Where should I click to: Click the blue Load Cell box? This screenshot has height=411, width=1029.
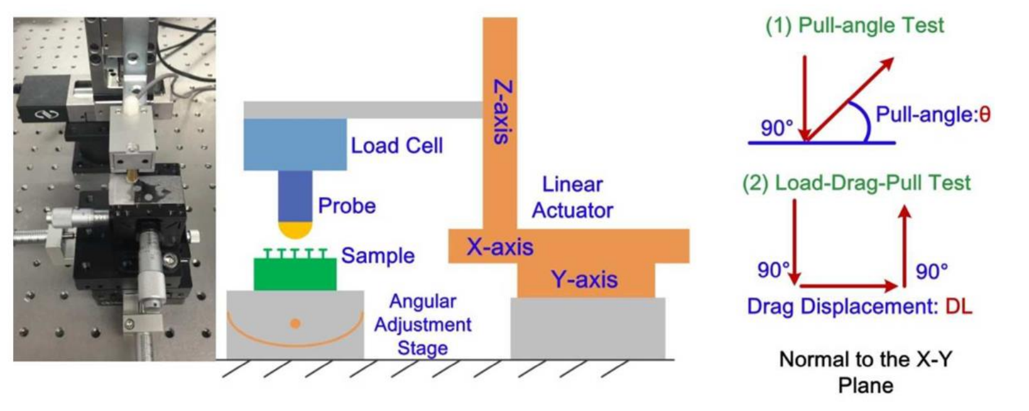tap(295, 144)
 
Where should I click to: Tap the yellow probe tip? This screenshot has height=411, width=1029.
tap(295, 230)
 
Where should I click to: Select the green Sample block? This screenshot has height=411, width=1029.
tap(295, 274)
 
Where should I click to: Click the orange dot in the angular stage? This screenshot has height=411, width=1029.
tap(296, 323)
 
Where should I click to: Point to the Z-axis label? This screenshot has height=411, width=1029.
tap(502, 112)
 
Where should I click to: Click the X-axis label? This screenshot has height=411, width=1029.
tap(499, 247)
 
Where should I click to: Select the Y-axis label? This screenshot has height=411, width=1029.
tap(584, 280)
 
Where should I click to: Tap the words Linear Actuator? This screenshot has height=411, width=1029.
tap(572, 198)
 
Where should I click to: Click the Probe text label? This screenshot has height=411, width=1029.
tap(347, 206)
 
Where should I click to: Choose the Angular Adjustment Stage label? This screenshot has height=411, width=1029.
tap(423, 324)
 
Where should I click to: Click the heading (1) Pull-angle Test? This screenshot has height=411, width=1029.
tap(855, 25)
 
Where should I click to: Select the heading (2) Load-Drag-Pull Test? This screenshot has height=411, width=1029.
tap(856, 183)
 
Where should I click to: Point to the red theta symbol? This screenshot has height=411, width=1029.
tap(984, 114)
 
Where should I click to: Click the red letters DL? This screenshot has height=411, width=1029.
tap(958, 307)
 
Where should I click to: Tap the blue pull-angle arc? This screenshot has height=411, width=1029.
tap(864, 121)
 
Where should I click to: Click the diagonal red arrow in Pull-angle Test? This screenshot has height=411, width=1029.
tap(849, 99)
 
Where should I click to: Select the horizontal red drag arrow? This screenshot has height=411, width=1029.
tap(848, 286)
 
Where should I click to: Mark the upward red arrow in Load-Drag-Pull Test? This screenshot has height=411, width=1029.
tap(905, 247)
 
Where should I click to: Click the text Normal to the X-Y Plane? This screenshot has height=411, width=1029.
tap(865, 372)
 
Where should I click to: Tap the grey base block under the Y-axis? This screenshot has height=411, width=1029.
tap(587, 328)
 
